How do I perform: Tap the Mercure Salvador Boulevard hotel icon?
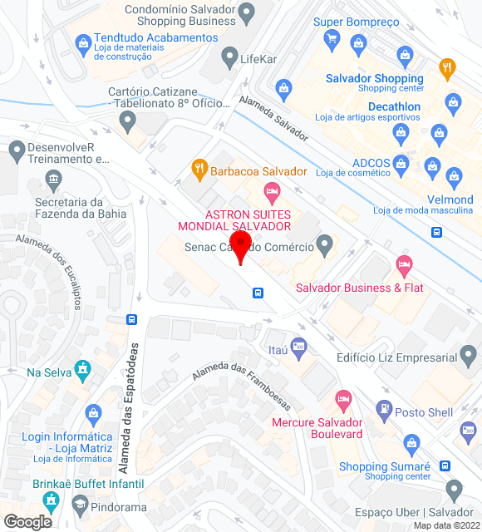point(342,397)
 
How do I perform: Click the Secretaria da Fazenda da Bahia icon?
point(54,179)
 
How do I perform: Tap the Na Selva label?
point(48,373)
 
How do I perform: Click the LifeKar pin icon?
point(230,57)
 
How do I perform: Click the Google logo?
point(27,521)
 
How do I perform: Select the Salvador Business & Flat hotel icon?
point(404,266)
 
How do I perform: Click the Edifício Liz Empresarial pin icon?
point(470,358)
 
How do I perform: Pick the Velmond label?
point(450,199)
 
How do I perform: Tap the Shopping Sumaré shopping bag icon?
point(410,441)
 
